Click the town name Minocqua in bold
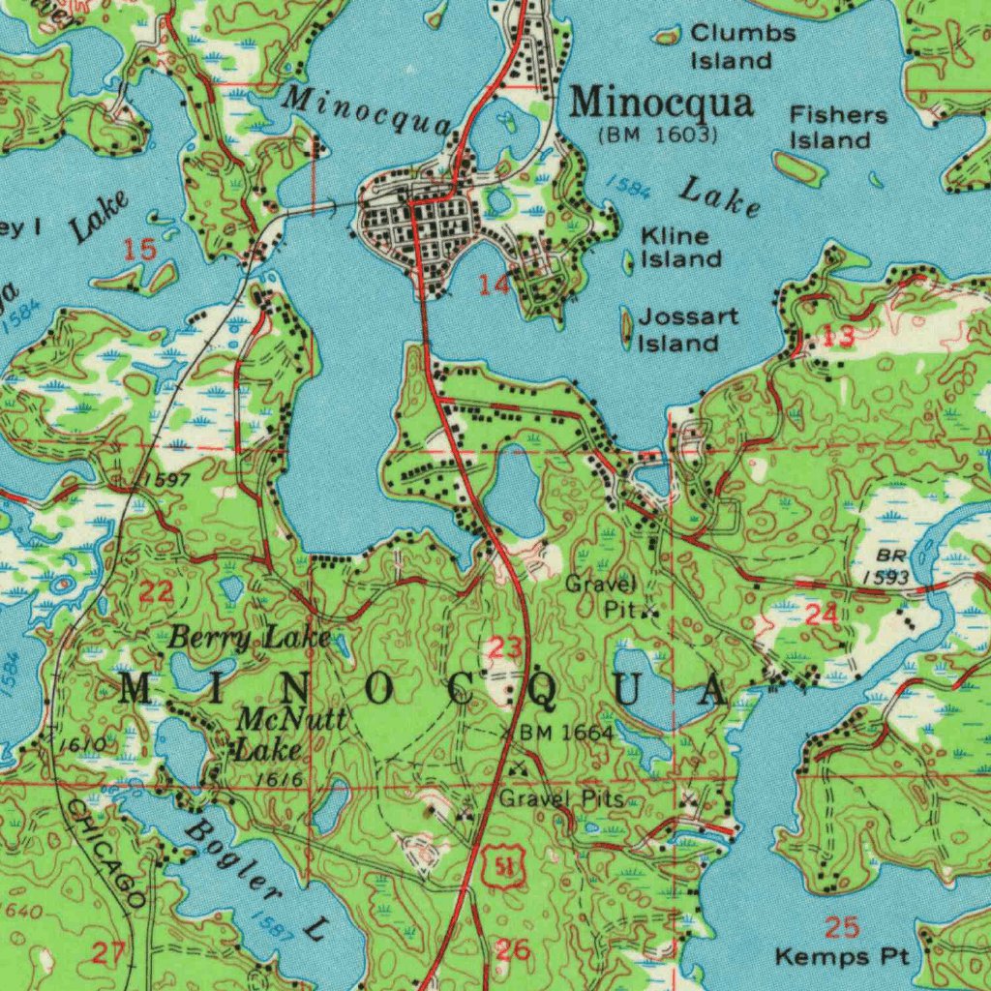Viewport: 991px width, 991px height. [661, 103]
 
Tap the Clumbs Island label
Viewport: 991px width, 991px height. [742, 46]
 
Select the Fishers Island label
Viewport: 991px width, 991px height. [838, 128]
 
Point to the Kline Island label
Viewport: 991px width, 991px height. [681, 248]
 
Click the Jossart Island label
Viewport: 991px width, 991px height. [687, 330]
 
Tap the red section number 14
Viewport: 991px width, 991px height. [494, 284]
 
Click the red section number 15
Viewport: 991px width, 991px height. [140, 250]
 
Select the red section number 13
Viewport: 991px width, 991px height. [839, 336]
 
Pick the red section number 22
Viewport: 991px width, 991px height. [157, 592]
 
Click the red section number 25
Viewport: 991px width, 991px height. [842, 928]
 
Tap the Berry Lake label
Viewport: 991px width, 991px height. [250, 638]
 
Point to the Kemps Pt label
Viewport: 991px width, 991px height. [842, 957]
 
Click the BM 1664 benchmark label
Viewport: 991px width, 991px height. [565, 734]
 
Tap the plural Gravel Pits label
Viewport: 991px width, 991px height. [561, 799]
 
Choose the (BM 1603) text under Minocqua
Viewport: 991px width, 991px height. [658, 135]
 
